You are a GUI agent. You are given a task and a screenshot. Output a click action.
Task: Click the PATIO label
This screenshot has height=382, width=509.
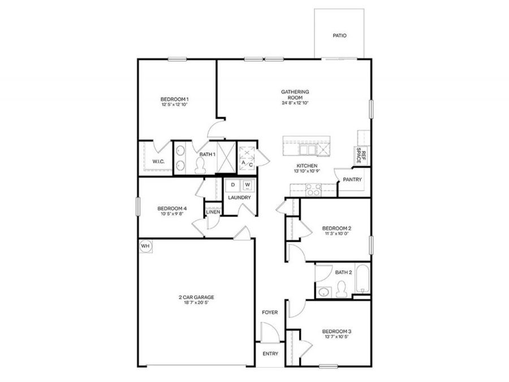339,36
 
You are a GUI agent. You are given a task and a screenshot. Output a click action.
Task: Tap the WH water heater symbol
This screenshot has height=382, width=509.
145,246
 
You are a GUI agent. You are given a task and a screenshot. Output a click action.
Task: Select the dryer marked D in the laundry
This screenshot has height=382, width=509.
232,185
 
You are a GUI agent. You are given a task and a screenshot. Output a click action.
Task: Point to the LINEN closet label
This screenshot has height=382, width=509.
213,212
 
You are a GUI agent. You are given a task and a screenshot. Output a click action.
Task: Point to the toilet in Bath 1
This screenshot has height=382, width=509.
200,165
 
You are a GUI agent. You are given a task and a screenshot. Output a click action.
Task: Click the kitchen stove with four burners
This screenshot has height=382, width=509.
314,189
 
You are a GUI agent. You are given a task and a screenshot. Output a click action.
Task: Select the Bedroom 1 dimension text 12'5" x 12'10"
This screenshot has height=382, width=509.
174,105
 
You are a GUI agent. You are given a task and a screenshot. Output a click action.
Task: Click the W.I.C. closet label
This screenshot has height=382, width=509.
158,161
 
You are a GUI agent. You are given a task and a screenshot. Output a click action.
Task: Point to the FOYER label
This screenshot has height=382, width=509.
269,312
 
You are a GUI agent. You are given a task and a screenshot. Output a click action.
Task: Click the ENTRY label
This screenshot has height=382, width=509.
270,354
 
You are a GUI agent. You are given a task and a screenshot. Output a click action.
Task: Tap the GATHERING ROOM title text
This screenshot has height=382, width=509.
296,95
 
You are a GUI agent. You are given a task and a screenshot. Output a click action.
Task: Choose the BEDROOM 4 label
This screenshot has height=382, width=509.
172,208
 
